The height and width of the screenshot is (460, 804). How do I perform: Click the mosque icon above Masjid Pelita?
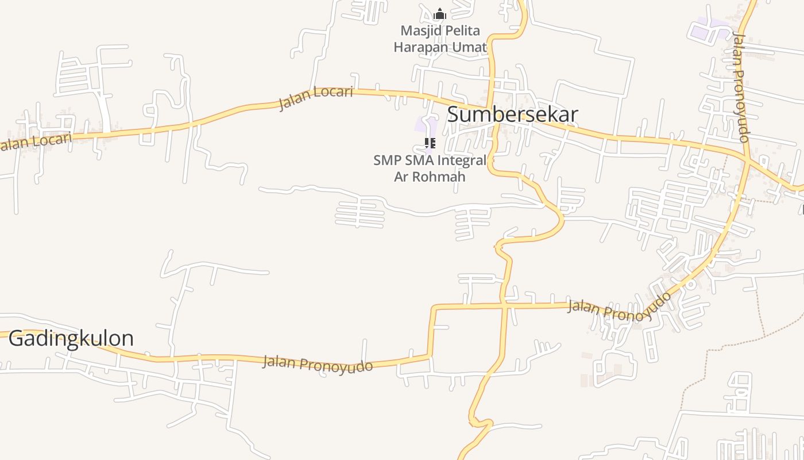tap(440, 14)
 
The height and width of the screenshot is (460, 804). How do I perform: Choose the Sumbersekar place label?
tap(512, 114)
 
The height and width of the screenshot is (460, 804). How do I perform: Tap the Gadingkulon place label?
tap(71, 338)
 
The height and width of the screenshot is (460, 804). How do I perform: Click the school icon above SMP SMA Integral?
tap(430, 143)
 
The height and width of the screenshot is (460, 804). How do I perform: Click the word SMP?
tap(386, 160)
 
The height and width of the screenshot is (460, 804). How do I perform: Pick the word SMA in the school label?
tap(419, 160)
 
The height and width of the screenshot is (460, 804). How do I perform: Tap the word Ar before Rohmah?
tap(400, 177)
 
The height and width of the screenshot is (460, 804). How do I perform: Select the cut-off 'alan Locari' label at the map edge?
tap(36, 141)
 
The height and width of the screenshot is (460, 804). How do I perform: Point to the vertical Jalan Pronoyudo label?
tap(741, 87)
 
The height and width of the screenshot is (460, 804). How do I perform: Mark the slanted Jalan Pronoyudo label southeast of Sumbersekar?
tap(620, 304)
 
